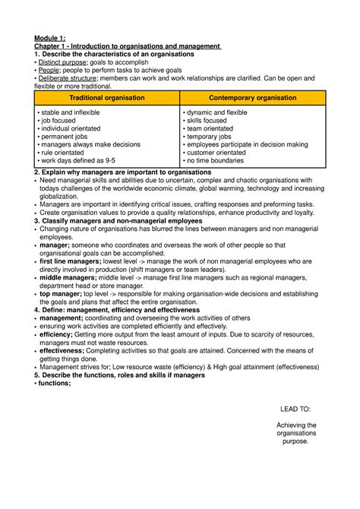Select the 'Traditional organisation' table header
point(107,98)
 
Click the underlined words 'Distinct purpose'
point(63,63)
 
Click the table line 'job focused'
point(60,121)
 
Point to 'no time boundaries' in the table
point(215,161)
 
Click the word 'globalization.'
point(60,196)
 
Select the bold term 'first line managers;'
point(70,261)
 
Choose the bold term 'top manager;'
point(61,293)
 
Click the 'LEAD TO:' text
point(295,409)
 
